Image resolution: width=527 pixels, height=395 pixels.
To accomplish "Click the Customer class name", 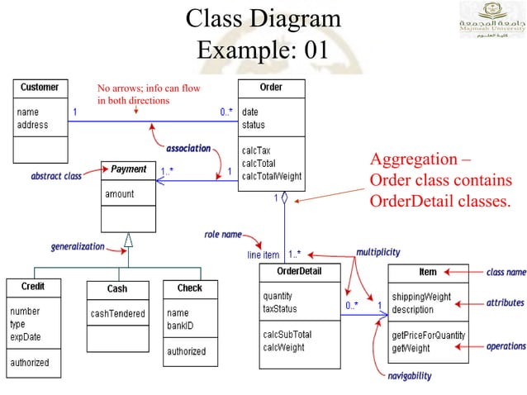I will click(x=39, y=87).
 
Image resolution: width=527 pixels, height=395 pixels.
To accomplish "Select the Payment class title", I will click(x=128, y=169).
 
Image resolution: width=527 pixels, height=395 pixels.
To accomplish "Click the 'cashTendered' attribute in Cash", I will click(x=117, y=314).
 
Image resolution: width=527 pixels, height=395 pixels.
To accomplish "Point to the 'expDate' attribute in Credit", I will click(x=25, y=337).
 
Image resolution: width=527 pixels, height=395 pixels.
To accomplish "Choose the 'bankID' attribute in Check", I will click(x=181, y=326).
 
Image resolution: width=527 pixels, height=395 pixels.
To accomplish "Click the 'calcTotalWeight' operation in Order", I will click(x=271, y=176).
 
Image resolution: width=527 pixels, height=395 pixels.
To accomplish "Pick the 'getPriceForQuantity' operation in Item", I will click(x=428, y=336).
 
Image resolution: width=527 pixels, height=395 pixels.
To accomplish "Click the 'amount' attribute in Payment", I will click(x=119, y=194).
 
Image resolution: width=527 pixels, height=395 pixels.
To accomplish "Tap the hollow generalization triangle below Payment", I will click(x=128, y=240).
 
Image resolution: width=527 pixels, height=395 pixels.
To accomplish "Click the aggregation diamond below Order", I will click(x=284, y=198).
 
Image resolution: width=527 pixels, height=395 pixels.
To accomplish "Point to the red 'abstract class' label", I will click(x=56, y=176).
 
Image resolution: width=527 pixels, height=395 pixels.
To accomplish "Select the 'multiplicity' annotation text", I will click(x=378, y=251).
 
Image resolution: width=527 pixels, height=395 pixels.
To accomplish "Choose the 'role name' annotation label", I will click(x=223, y=235).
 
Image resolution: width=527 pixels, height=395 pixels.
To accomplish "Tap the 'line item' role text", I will click(x=263, y=255).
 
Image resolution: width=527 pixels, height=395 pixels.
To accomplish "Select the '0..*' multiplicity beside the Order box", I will click(x=226, y=112).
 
